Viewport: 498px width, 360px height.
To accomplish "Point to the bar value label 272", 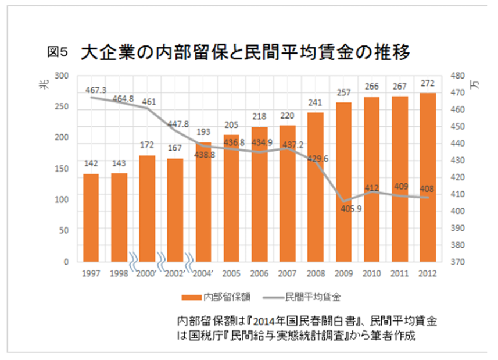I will pyautogui.click(x=427, y=84).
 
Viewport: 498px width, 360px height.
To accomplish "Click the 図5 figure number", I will pyautogui.click(x=58, y=51).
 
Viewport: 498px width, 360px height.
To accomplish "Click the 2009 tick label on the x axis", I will pyautogui.click(x=343, y=273).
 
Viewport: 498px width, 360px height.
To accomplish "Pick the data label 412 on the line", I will pyautogui.click(x=372, y=187).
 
